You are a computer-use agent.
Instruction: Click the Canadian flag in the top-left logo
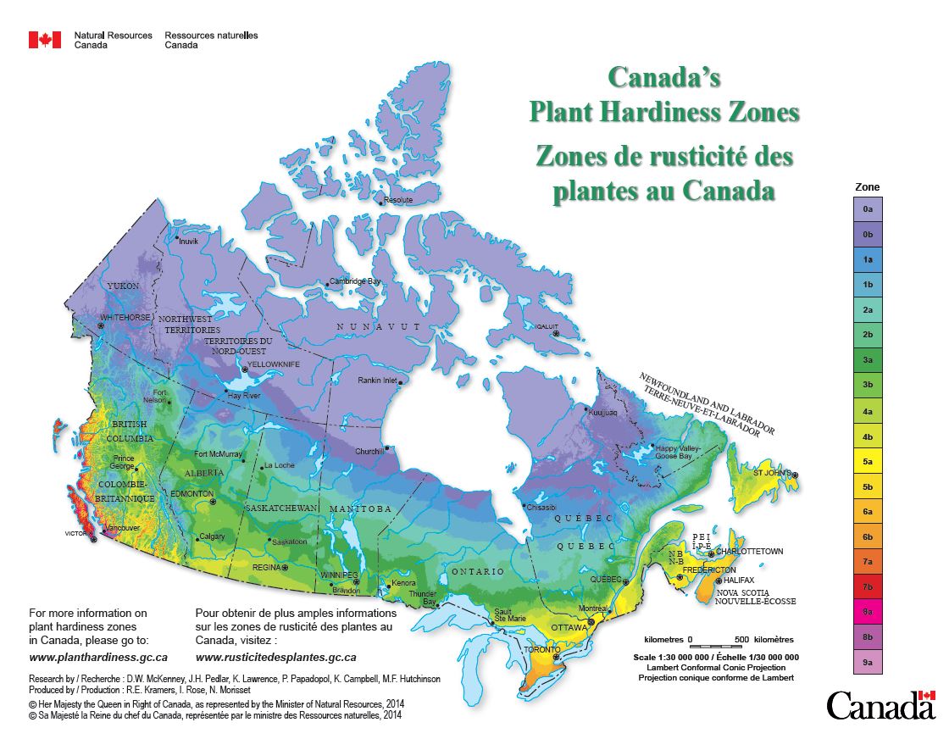pos(45,40)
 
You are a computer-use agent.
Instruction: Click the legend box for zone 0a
pos(867,208)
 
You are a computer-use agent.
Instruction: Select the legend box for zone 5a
pos(867,463)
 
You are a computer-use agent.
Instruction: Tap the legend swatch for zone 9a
pos(867,661)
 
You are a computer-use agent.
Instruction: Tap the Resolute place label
pos(398,200)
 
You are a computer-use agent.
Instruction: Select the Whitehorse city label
pos(125,318)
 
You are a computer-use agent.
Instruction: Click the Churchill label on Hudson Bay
pos(369,451)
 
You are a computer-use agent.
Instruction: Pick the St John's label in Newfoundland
pos(772,473)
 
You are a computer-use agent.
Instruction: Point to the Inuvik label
pos(188,241)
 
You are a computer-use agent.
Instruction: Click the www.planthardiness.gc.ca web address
pos(98,657)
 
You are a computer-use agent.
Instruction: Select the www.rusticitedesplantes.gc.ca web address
pos(275,657)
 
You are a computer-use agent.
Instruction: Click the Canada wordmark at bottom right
pos(881,704)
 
